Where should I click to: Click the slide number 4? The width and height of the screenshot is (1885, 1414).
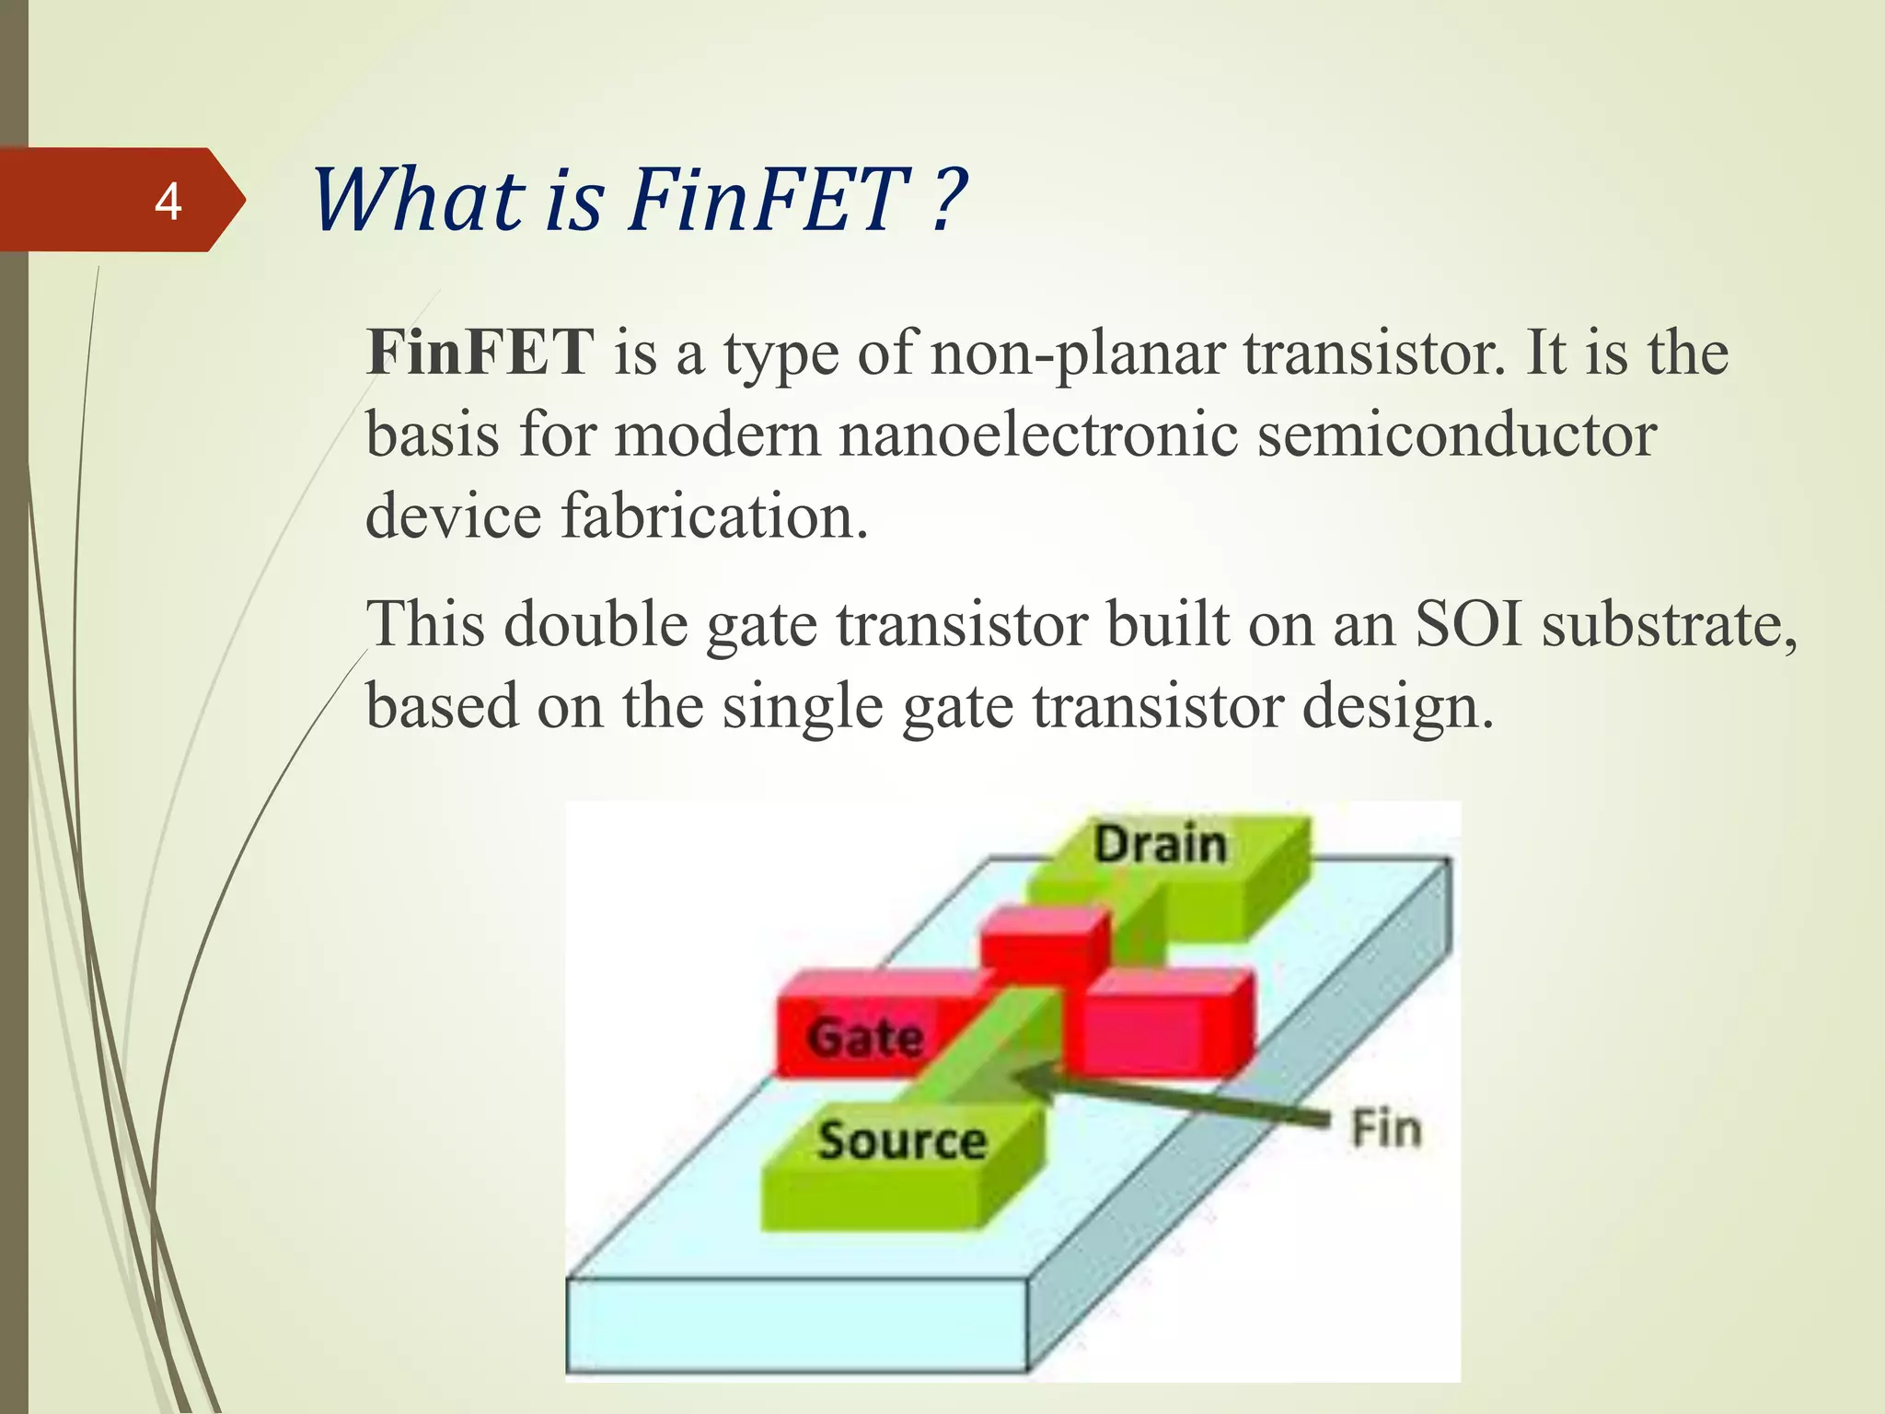click(x=168, y=202)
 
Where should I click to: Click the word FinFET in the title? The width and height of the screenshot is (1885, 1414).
click(x=769, y=200)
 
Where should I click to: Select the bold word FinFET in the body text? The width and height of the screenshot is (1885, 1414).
click(x=480, y=353)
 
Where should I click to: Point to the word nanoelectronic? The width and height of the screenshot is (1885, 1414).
click(x=1037, y=435)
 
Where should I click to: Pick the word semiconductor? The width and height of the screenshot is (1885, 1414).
click(x=1456, y=435)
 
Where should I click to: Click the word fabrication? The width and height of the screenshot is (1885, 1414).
click(x=713, y=516)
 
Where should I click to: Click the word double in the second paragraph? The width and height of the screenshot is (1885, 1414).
click(x=596, y=624)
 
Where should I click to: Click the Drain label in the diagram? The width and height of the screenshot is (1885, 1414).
click(x=1160, y=844)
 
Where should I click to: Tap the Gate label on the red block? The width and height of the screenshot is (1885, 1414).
click(x=865, y=1037)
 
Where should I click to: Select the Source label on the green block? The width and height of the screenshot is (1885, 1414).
click(x=901, y=1141)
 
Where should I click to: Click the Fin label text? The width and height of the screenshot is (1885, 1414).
click(x=1385, y=1129)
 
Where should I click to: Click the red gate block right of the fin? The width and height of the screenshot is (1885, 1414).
click(x=1164, y=1026)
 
